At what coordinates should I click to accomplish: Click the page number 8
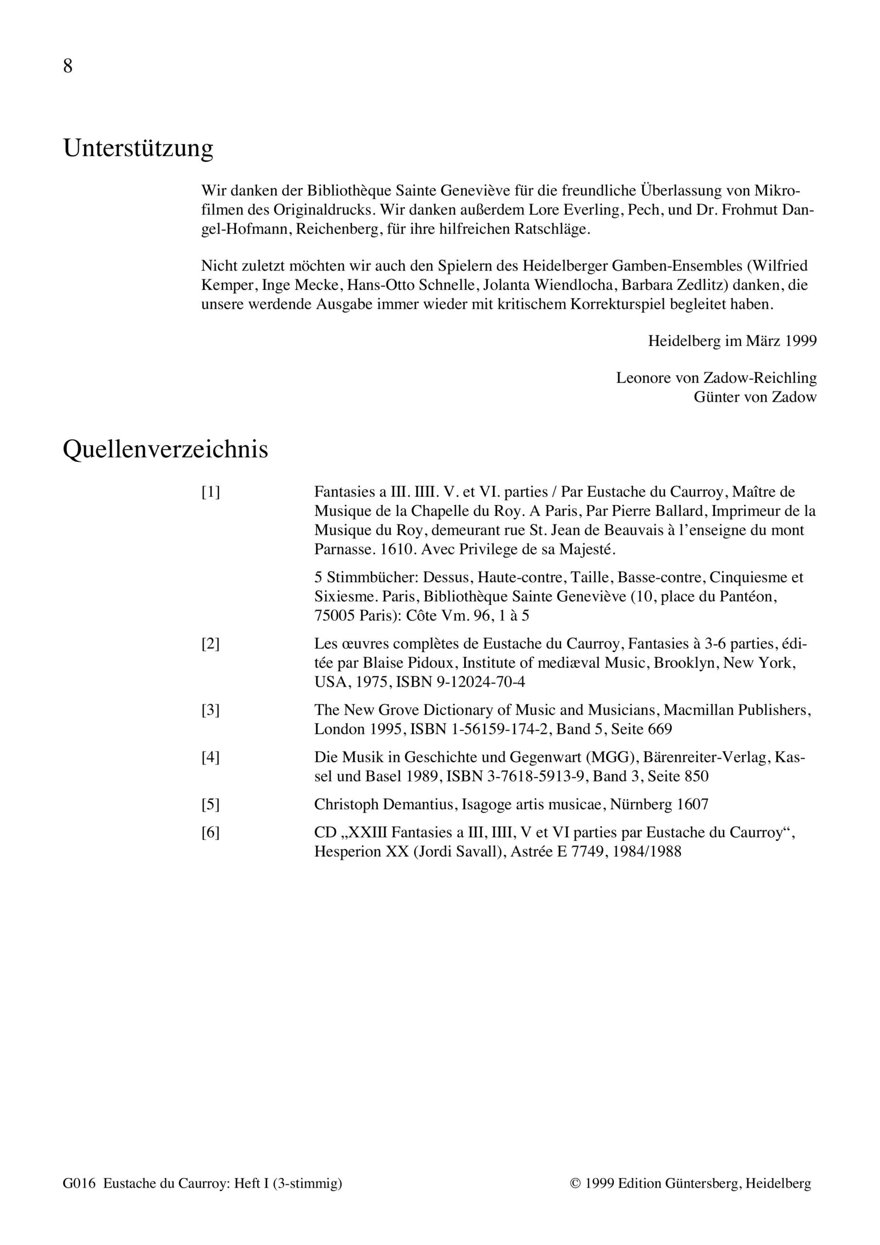click(x=68, y=66)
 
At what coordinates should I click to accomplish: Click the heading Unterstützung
click(x=138, y=148)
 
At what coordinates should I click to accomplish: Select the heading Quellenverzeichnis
click(x=165, y=449)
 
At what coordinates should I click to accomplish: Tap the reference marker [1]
click(x=211, y=492)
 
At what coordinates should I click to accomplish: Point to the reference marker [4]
click(x=211, y=757)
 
